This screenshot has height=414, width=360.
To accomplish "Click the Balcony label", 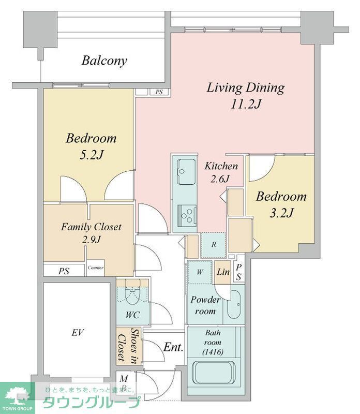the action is [x=104, y=61].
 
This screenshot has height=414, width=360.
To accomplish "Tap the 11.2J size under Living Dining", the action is [x=246, y=104].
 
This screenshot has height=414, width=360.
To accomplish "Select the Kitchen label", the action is [x=221, y=166].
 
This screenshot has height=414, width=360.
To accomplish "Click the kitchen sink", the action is [x=186, y=172].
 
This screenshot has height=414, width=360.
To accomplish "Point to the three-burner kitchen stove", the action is [x=187, y=216].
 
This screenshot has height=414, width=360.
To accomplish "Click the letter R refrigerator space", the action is [x=214, y=245].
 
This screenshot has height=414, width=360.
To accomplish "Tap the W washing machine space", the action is [x=200, y=272].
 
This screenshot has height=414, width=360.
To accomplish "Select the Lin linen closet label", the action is [x=223, y=272].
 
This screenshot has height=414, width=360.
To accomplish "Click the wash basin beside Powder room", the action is [x=234, y=305].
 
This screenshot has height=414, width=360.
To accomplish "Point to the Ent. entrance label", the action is [x=173, y=347].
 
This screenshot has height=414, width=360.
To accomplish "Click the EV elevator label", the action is [x=78, y=333].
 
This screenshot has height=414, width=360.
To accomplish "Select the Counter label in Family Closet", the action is [x=96, y=268].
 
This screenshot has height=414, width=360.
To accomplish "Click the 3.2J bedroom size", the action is [x=281, y=213].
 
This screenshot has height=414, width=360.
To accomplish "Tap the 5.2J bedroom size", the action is [x=92, y=155].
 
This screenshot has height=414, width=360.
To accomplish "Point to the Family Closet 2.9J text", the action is [x=92, y=233].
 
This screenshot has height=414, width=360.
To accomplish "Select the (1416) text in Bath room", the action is [x=213, y=352].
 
